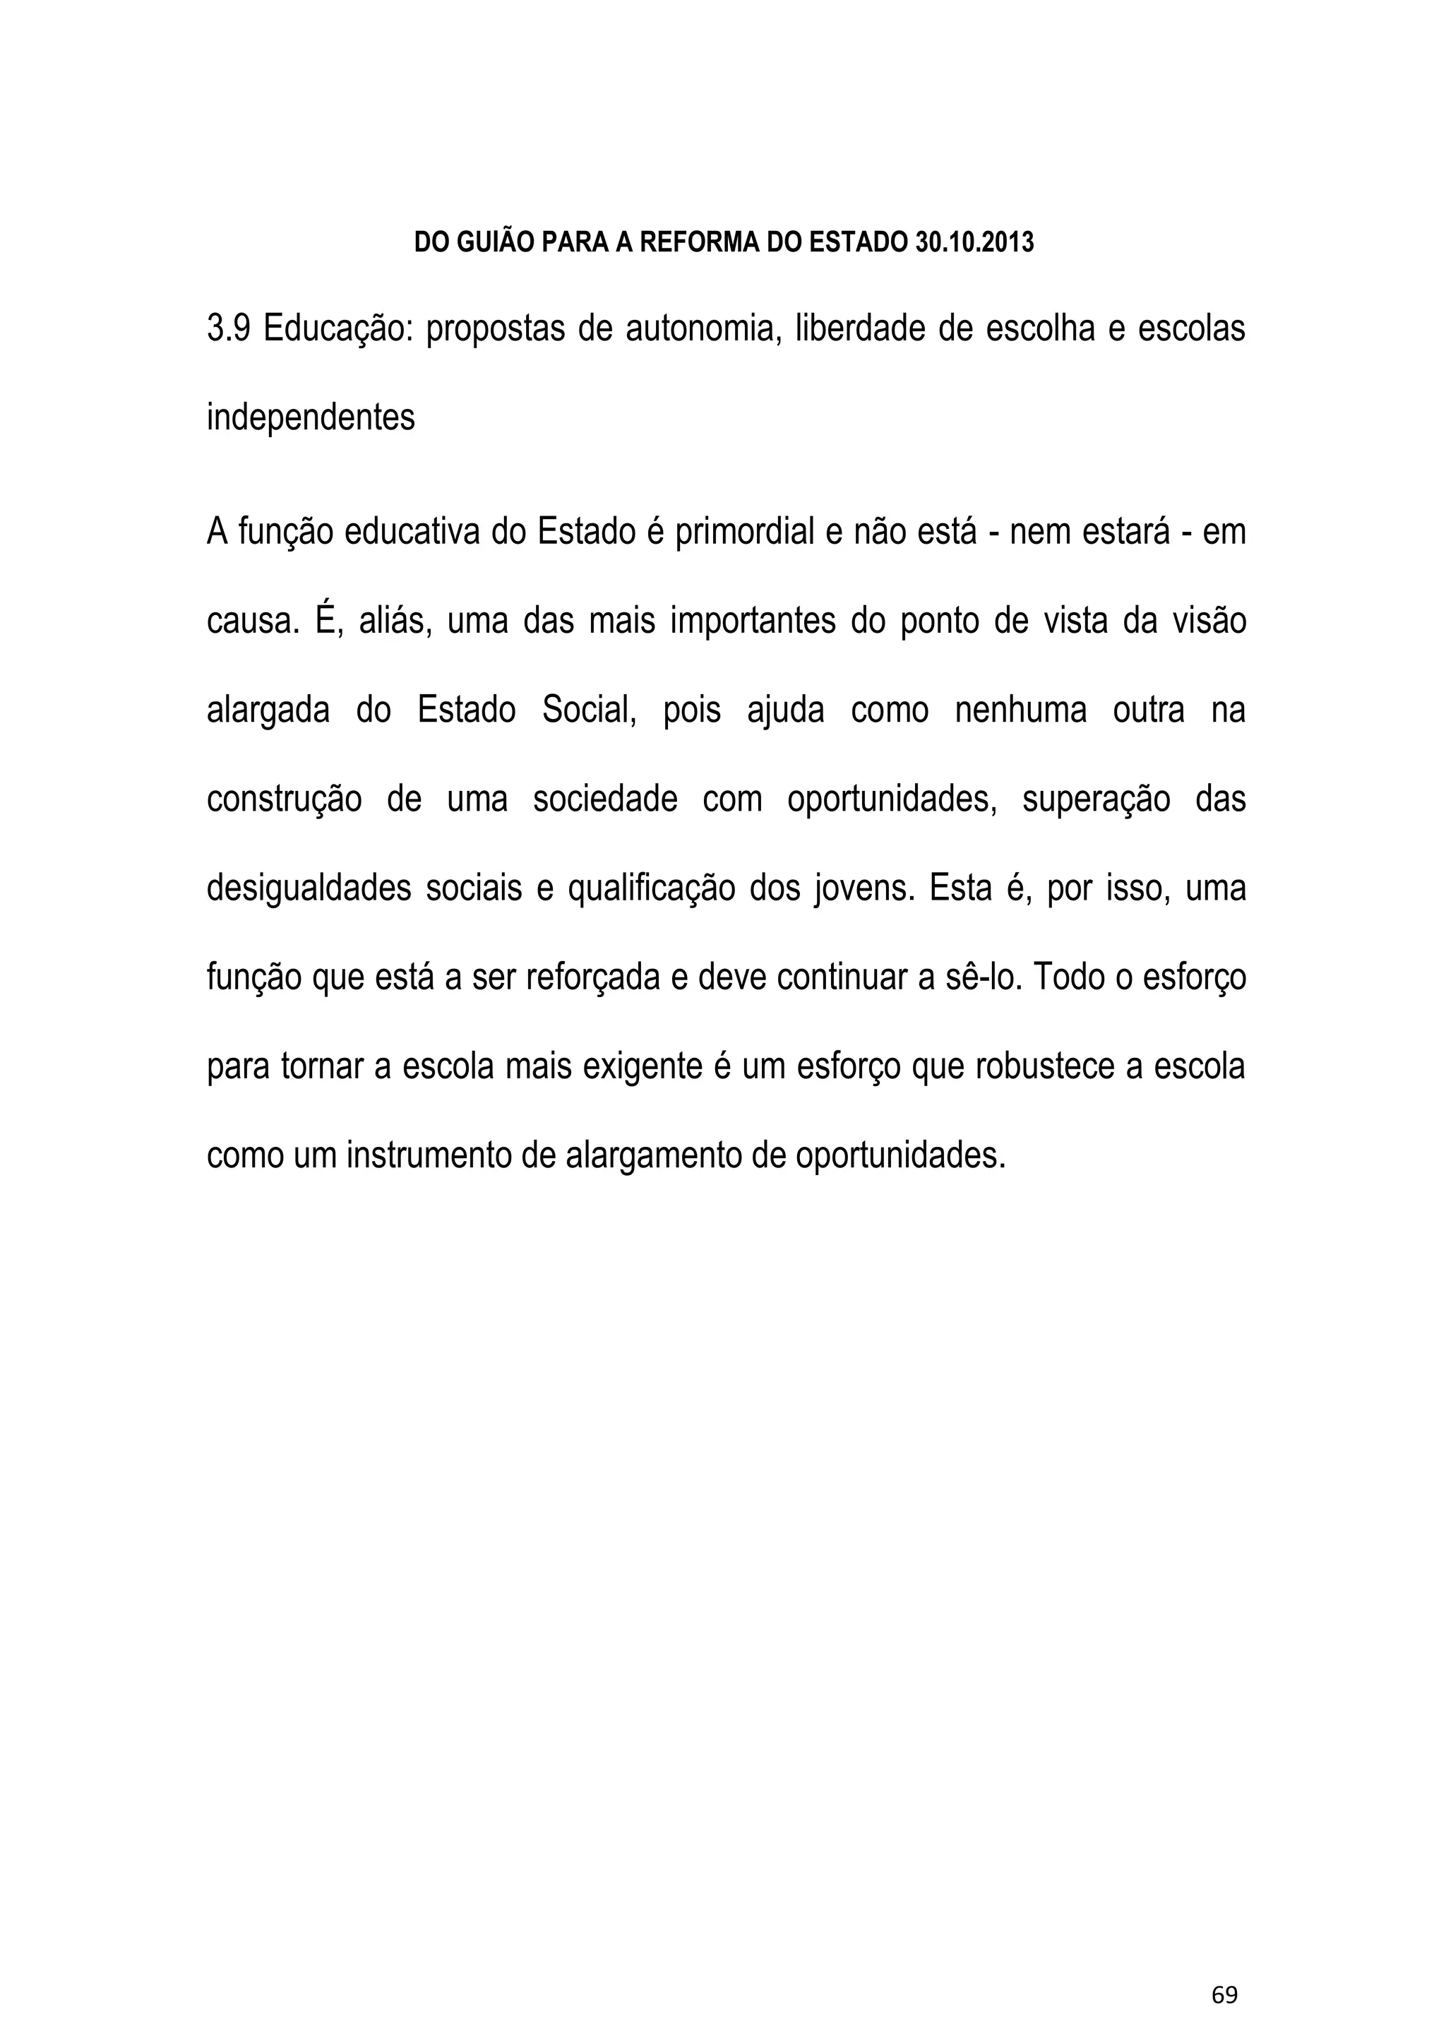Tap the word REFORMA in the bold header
(700, 242)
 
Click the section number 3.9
(229, 330)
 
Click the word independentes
(311, 417)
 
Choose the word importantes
(753, 621)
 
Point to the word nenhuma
(1020, 710)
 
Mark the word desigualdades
(309, 888)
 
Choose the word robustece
(1046, 1066)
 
